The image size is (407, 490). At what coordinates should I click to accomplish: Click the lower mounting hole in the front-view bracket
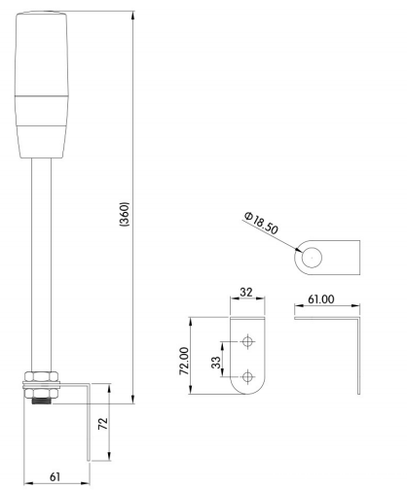pos(248,375)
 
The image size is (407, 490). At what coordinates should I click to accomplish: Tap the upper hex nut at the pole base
pos(43,375)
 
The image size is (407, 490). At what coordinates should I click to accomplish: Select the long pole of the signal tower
pos(43,262)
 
